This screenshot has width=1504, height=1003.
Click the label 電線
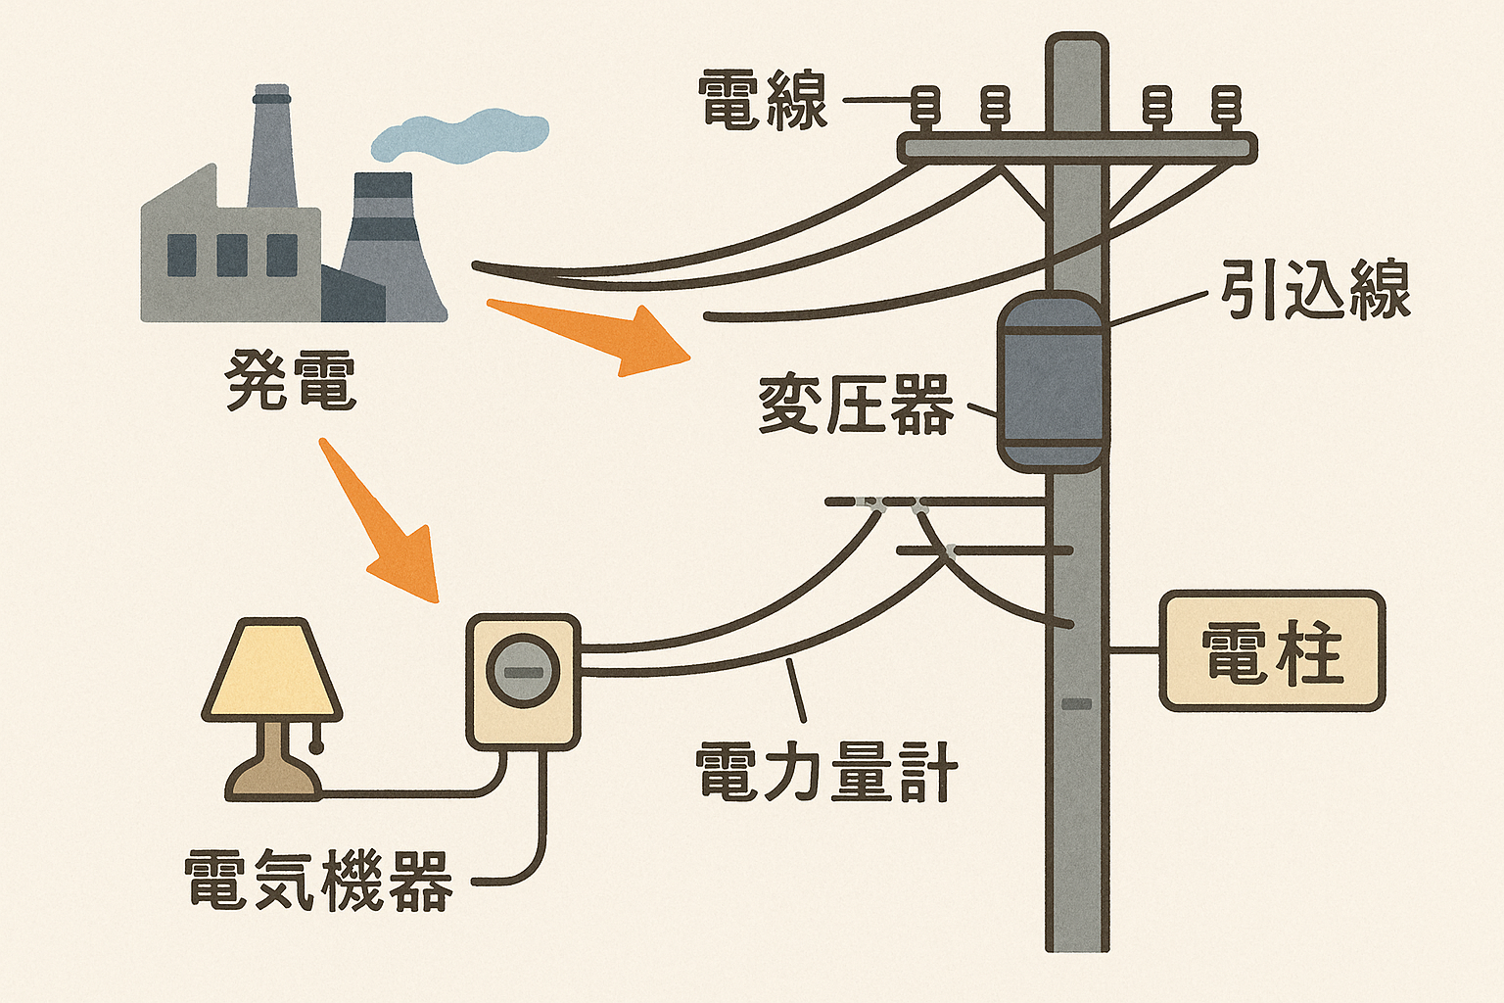tap(763, 101)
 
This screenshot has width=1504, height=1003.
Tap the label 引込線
tap(1314, 290)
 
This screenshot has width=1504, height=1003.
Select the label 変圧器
tap(856, 405)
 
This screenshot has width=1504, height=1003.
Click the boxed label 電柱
tap(1272, 651)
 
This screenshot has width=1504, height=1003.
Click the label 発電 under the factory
tap(291, 380)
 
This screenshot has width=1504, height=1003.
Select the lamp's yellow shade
tap(271, 671)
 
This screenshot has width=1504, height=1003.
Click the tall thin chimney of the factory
tap(272, 147)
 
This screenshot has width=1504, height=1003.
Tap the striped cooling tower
tap(387, 245)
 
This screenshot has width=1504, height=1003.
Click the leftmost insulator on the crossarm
tap(925, 107)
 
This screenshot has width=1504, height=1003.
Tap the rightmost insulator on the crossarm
tap(1226, 107)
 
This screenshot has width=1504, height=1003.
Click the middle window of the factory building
tap(232, 256)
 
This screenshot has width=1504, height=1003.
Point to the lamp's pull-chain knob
tap(316, 747)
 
